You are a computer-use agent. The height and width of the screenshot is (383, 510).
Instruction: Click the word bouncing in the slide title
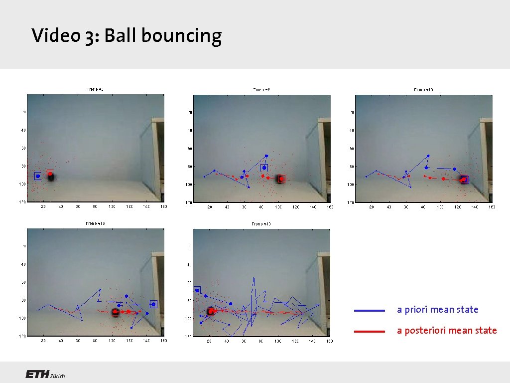[x=182, y=36]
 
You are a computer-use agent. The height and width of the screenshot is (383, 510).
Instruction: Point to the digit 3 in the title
[x=89, y=36]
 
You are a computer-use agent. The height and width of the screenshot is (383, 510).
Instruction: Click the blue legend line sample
[x=370, y=310]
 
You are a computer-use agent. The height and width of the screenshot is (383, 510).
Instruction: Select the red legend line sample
[x=370, y=331]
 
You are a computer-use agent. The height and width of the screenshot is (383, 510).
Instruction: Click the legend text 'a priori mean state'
[x=437, y=310]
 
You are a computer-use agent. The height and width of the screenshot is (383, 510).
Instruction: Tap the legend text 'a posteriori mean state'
[x=447, y=330]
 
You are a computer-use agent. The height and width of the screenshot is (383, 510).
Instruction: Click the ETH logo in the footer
[x=37, y=375]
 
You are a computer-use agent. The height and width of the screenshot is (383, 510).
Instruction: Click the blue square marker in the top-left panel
[x=38, y=176]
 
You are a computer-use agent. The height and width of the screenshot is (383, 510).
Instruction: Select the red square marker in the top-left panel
[x=50, y=174]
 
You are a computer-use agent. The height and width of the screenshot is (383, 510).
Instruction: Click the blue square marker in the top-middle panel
[x=264, y=168]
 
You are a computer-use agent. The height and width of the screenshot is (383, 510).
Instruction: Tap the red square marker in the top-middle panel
[x=281, y=179]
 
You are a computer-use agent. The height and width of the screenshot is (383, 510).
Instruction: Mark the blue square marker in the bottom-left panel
[x=153, y=304]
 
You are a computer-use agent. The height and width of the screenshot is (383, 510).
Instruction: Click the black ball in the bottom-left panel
[x=115, y=312]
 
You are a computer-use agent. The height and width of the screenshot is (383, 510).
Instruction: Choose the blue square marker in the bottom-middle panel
[x=197, y=290]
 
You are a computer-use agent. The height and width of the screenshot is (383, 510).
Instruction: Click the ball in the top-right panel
[x=464, y=180]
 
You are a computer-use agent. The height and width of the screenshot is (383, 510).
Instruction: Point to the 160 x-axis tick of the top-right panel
[x=491, y=206]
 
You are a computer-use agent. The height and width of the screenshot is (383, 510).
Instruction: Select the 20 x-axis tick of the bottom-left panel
[x=43, y=341]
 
